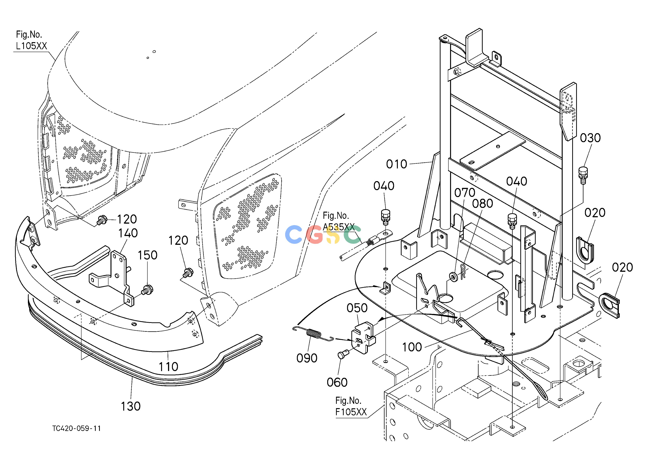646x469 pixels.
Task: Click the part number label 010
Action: pyautogui.click(x=397, y=164)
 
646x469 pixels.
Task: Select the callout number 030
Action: pyautogui.click(x=590, y=138)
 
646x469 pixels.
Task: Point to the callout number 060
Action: pyautogui.click(x=337, y=382)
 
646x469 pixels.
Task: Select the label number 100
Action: pyautogui.click(x=412, y=347)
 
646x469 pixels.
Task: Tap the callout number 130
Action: pyautogui.click(x=131, y=406)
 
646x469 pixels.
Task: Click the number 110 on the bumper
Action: pyautogui.click(x=168, y=367)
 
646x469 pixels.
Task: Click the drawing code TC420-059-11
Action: pyautogui.click(x=77, y=429)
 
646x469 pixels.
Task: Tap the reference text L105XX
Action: pyautogui.click(x=31, y=46)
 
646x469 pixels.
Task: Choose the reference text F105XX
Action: pyautogui.click(x=351, y=412)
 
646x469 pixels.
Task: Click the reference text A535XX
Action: pyautogui.click(x=339, y=227)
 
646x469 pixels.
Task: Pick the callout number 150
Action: pyautogui.click(x=148, y=255)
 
